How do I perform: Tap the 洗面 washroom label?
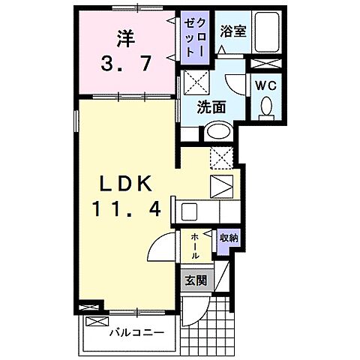[x=212, y=107]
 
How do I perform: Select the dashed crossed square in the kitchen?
[x=222, y=158]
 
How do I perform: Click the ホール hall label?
[x=196, y=245]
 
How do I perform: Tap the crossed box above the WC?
[x=265, y=64]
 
